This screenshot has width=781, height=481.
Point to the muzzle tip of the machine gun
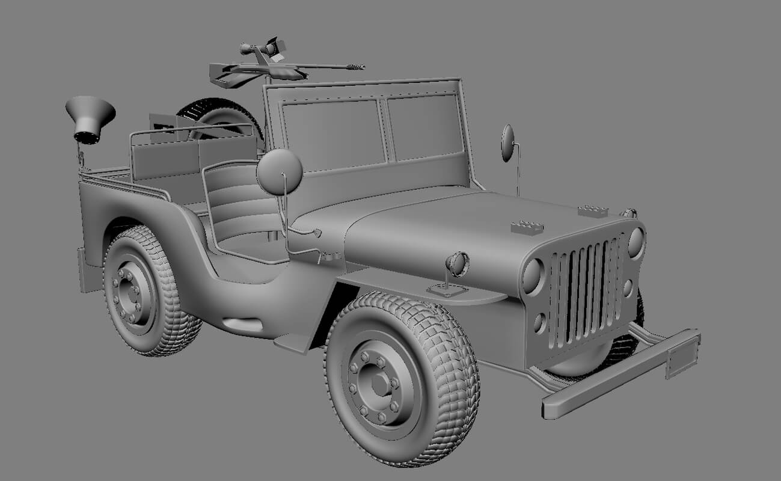click(360, 66)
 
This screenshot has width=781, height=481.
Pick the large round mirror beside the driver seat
click(279, 171)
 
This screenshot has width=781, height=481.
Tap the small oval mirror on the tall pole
click(508, 143)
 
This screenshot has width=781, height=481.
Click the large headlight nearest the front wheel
click(533, 275)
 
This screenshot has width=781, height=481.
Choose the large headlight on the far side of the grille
click(636, 242)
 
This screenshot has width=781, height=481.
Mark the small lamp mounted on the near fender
click(458, 264)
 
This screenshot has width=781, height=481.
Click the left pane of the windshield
click(334, 135)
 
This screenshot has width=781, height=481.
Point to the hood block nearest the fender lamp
click(527, 227)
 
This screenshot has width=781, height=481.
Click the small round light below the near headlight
click(540, 323)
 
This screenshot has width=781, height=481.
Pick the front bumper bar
click(619, 373)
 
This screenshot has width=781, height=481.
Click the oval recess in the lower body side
click(243, 324)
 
